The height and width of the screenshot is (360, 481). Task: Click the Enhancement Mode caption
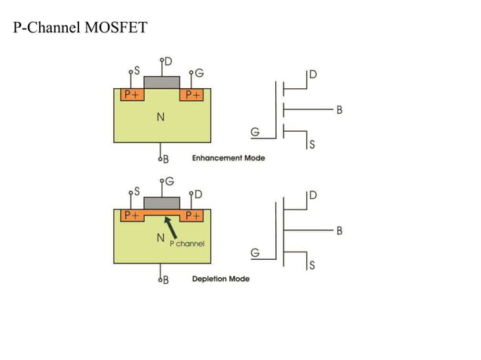228,158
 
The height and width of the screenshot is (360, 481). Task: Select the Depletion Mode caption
221,279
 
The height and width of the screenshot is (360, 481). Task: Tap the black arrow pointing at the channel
171,227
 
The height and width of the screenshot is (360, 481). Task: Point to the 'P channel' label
186,244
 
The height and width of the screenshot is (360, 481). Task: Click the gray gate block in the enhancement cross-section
161,81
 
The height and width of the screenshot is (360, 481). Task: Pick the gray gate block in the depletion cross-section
161,203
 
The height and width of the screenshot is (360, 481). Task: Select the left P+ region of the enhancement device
133,95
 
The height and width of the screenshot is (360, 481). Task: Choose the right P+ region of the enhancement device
192,95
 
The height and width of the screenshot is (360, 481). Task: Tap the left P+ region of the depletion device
133,215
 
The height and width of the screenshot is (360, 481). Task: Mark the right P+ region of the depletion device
192,215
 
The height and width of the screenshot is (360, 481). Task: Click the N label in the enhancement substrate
161,117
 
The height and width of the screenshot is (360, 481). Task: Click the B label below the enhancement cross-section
166,160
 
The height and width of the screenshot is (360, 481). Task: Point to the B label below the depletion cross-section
166,280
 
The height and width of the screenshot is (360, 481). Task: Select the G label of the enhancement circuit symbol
256,133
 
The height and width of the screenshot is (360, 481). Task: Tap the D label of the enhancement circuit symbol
313,75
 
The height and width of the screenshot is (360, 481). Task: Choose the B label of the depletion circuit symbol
339,230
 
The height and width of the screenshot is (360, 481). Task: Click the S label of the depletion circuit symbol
312,265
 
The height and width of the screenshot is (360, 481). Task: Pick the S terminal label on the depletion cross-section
136,191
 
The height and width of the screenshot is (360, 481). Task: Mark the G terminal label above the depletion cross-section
169,182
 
